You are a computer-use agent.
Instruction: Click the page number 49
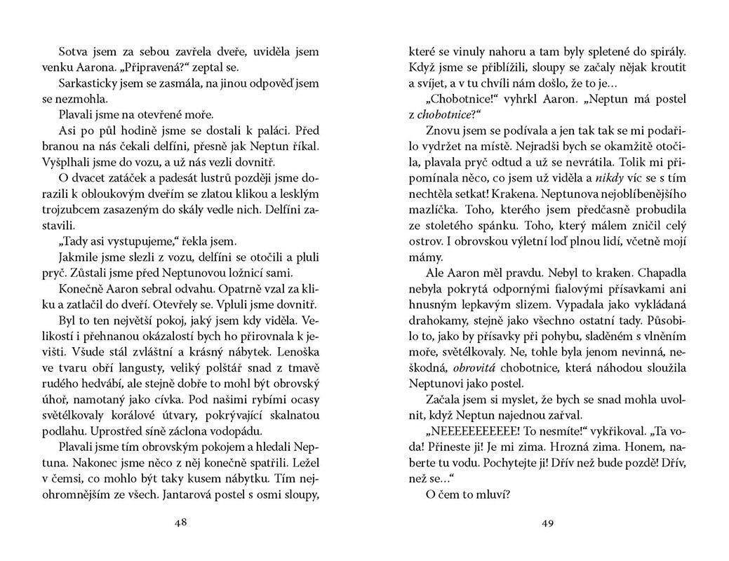click(x=549, y=522)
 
